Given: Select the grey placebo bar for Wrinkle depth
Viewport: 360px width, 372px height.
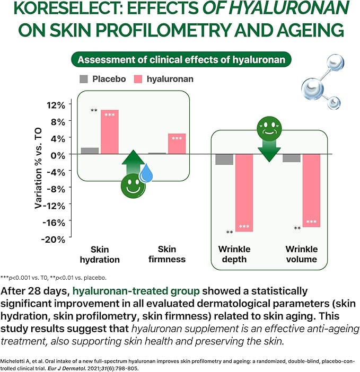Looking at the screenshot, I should pyautogui.click(x=224, y=159).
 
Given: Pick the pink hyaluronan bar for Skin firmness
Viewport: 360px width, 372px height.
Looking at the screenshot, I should pyautogui.click(x=177, y=144).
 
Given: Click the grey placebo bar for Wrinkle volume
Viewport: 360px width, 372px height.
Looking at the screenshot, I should pyautogui.click(x=292, y=157).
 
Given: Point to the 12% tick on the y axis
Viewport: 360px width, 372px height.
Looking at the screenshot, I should pyautogui.click(x=55, y=104).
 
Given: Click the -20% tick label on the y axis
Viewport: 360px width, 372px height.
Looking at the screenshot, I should pyautogui.click(x=54, y=239).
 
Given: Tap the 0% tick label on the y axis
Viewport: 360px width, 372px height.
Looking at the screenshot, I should pyautogui.click(x=58, y=154).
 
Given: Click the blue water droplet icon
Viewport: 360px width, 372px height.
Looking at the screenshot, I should pyautogui.click(x=146, y=173).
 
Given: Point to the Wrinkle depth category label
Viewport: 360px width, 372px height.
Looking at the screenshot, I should pyautogui.click(x=234, y=254).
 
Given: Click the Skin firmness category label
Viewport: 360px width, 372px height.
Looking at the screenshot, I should pyautogui.click(x=167, y=254).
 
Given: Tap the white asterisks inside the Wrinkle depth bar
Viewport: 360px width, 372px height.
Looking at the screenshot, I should pyautogui.click(x=244, y=227).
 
